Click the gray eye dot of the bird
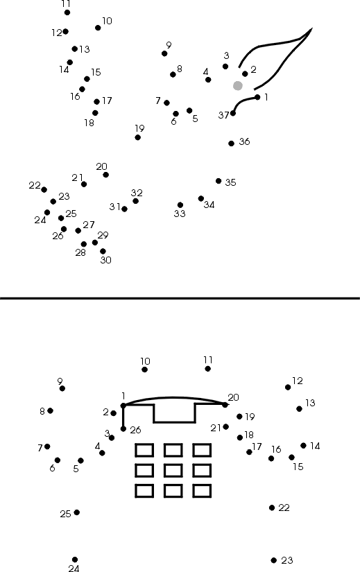coord(238,86)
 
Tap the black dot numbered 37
coord(233,113)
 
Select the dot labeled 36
coord(231,144)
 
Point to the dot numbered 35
coord(218,181)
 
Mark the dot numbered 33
coord(180,205)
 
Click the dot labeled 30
coord(103,252)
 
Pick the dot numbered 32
coord(135,201)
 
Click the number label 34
coord(209,205)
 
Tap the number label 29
coord(103,235)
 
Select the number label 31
coord(114,207)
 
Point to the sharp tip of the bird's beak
coord(312,28)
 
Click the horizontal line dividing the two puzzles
coord(180,298)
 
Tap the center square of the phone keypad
coord(173,471)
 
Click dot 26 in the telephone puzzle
coord(123,428)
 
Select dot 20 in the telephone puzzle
coord(225,404)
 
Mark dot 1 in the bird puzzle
coord(258,97)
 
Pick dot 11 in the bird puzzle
coord(67,12)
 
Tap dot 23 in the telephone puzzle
coord(274,560)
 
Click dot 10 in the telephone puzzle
coord(144,370)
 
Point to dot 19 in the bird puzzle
coord(137,137)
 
